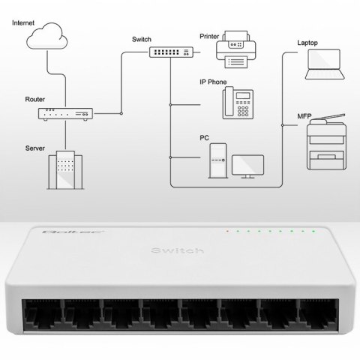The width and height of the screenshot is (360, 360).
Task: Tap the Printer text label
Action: click(211, 35)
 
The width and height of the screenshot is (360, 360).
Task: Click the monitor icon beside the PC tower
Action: click(248, 166)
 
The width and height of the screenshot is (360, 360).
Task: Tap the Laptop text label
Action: click(309, 43)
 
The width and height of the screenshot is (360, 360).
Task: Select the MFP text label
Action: click(305, 115)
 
